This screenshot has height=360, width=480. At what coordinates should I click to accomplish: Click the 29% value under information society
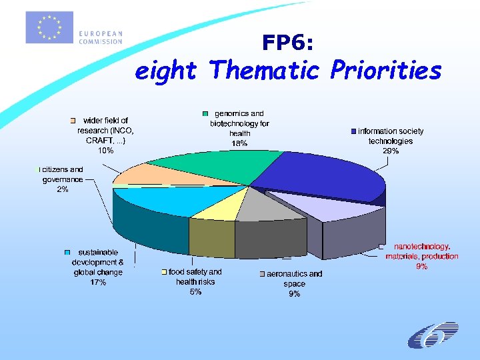pyautogui.click(x=391, y=151)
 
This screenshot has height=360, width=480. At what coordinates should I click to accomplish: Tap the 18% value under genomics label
pyautogui.click(x=239, y=143)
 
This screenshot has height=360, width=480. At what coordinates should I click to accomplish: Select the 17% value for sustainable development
pyautogui.click(x=98, y=282)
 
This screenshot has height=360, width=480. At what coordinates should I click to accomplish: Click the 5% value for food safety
pyautogui.click(x=195, y=291)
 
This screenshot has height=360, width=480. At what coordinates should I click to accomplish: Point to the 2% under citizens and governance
pyautogui.click(x=63, y=189)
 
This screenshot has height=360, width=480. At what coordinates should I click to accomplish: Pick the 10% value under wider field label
pyautogui.click(x=105, y=151)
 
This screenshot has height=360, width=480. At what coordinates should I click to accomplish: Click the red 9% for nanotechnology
pyautogui.click(x=421, y=266)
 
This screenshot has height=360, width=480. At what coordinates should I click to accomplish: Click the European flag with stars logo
pyautogui.click(x=49, y=27)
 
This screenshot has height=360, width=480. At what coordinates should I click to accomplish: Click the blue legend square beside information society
pyautogui.click(x=353, y=131)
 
